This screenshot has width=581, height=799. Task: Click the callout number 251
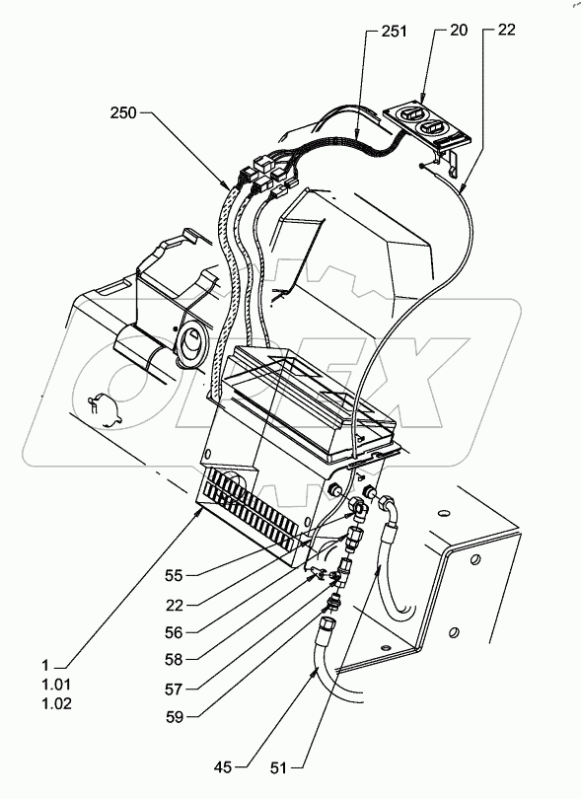(393, 33)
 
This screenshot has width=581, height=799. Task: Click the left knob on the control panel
(408, 116)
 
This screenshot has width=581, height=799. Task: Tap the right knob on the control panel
(436, 127)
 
